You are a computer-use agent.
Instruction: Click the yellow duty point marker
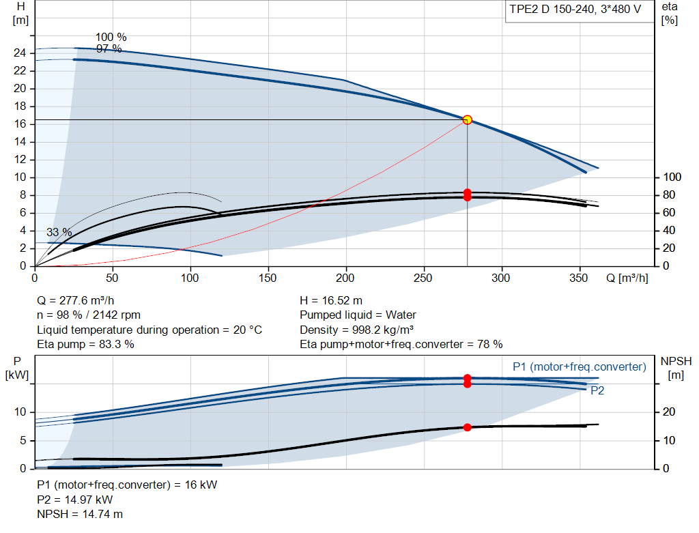coord(467,120)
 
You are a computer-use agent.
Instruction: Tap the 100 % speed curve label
coord(111,37)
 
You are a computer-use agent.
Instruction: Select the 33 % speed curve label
coord(59,232)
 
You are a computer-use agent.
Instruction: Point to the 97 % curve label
coord(109,48)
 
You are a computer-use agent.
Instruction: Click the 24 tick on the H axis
coord(20,53)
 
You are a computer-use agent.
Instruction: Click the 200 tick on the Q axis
coord(345,278)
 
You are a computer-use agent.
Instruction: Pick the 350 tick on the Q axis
coord(579,278)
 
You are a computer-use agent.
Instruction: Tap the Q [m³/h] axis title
coord(627,278)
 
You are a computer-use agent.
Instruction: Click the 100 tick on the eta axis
coord(672,177)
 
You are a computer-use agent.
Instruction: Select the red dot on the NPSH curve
coord(467,427)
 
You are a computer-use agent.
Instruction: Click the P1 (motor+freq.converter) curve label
coord(580,366)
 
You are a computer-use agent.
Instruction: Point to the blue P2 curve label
coord(597,391)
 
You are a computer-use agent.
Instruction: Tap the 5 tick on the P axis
coord(23,441)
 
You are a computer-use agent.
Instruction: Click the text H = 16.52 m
coord(331,301)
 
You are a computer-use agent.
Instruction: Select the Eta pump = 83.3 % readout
coord(85,345)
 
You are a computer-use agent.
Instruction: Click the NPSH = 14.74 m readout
coord(80,515)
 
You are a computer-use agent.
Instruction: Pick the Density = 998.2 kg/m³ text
coord(356,330)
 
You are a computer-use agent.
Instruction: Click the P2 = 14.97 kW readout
coord(75,500)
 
